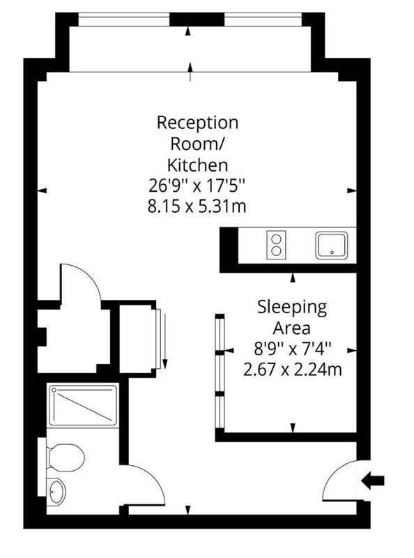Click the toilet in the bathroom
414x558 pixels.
65,458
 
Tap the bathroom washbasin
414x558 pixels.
57,492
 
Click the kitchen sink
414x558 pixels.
332,246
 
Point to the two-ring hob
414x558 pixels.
277,245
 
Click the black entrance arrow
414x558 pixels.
373,481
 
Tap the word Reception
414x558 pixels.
197,123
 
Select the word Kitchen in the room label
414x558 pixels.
197,165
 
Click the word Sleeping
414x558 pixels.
292,308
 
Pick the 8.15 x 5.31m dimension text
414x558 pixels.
197,206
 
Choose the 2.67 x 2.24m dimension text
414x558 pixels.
292,370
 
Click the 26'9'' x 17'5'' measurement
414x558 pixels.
197,186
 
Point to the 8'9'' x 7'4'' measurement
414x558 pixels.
292,349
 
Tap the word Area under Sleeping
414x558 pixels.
291,328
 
